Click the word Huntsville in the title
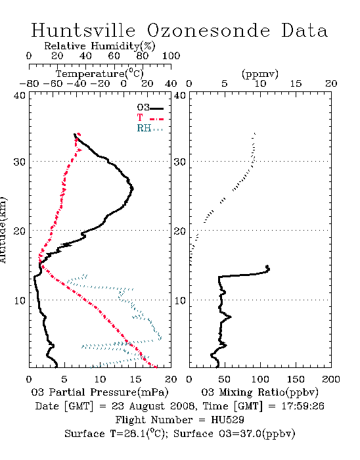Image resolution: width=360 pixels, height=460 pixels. [83, 30]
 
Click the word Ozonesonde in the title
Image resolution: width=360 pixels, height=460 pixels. [208, 30]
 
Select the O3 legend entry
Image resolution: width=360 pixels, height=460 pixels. [150, 108]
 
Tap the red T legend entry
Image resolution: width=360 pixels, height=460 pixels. [150, 118]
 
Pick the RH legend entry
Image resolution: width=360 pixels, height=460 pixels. [150, 128]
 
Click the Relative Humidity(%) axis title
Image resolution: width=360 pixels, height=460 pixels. [100, 46]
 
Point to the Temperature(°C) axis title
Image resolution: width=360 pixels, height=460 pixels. [100, 74]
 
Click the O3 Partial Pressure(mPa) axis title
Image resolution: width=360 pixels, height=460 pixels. [100, 392]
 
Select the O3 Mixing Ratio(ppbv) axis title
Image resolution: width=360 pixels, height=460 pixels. [259, 392]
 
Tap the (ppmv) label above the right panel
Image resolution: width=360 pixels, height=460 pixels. [260, 74]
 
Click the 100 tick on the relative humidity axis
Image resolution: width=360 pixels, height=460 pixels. [171, 56]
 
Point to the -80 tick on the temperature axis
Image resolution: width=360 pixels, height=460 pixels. [29, 84]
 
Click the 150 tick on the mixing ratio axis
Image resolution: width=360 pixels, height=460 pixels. [296, 379]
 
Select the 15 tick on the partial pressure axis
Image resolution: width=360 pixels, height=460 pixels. [135, 379]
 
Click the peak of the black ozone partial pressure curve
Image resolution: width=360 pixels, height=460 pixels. [133, 189]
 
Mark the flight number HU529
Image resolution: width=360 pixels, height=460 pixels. [227, 420]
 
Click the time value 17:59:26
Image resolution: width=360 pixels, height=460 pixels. [303, 406]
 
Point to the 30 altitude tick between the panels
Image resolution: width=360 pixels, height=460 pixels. [179, 162]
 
